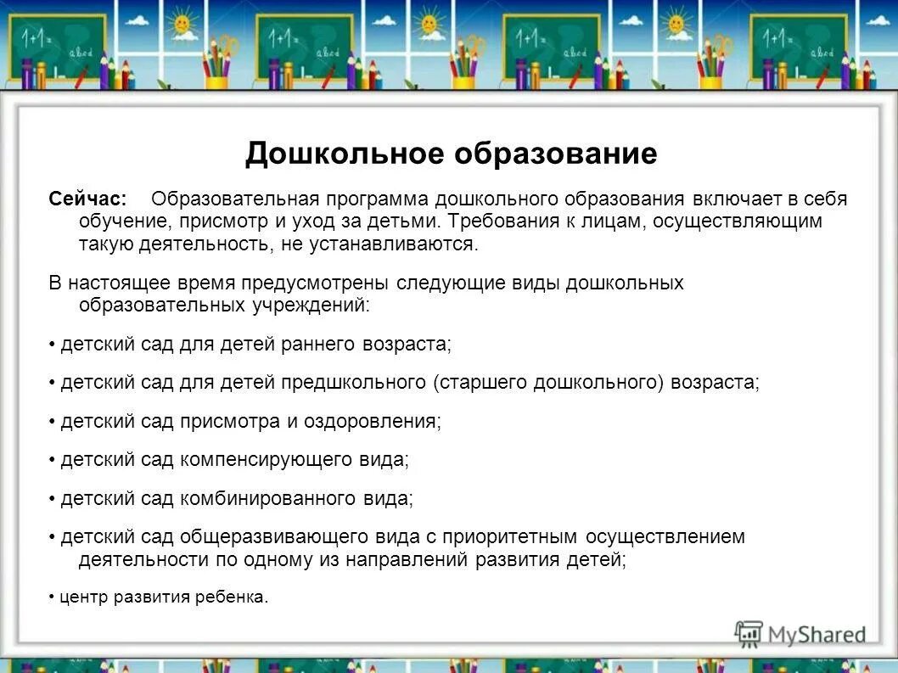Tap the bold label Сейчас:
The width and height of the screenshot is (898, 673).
click(x=87, y=199)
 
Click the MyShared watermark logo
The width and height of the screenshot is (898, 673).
click(x=800, y=634)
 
